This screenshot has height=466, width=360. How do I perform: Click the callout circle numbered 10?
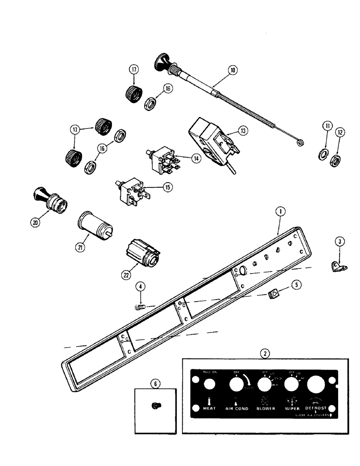[233, 71]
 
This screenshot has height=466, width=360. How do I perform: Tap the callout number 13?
[242, 132]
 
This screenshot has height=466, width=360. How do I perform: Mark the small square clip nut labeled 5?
[275, 294]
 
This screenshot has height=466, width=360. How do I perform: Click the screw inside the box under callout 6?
[155, 406]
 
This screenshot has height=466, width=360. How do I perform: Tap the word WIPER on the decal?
[291, 408]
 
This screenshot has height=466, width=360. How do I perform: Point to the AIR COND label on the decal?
[236, 408]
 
